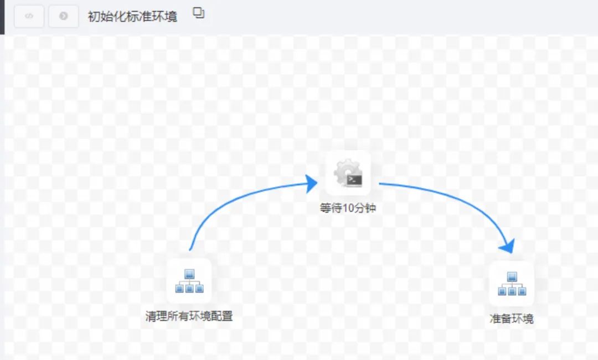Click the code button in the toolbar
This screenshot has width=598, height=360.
click(x=29, y=16)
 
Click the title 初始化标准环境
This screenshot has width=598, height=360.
click(x=132, y=17)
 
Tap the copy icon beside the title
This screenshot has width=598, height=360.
click(x=198, y=13)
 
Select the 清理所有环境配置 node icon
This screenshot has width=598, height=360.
click(x=189, y=281)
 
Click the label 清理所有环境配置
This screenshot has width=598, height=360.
click(x=189, y=316)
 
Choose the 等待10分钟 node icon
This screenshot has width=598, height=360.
click(x=348, y=173)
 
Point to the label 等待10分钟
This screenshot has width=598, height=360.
click(x=348, y=209)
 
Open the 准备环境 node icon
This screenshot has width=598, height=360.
click(x=512, y=284)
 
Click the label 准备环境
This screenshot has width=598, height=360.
click(x=512, y=318)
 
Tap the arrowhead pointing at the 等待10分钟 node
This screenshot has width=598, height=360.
click(x=311, y=183)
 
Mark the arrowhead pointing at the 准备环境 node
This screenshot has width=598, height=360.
click(x=507, y=245)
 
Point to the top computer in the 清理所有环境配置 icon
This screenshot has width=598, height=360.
click(x=189, y=274)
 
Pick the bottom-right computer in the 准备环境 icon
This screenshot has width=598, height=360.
click(x=522, y=291)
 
